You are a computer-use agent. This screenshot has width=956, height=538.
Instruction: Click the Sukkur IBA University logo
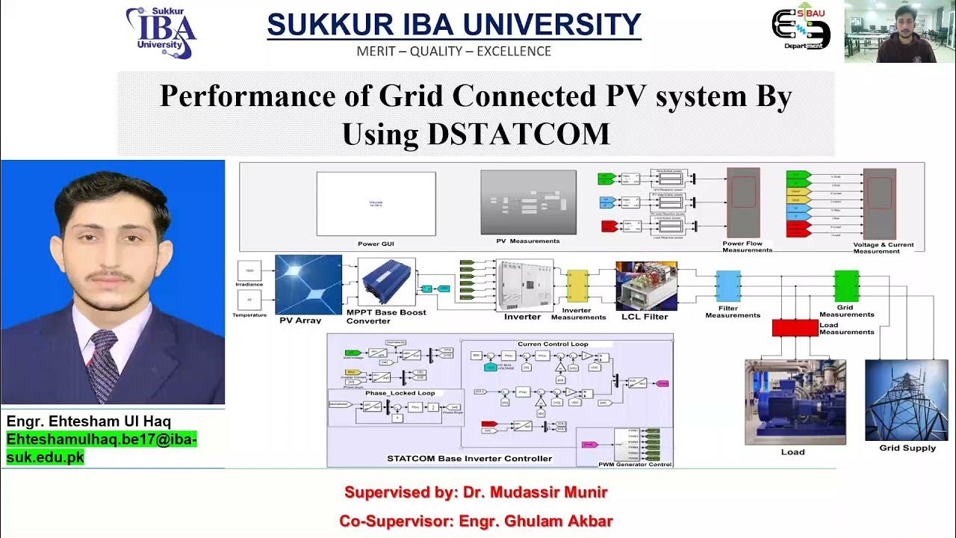click(x=161, y=32)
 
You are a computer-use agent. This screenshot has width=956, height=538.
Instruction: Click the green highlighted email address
click(x=101, y=448)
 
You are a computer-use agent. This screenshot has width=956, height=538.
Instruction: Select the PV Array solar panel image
click(x=308, y=285)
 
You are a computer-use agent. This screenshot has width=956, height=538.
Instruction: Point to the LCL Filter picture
click(x=646, y=286)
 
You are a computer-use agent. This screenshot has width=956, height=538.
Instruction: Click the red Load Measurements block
click(x=795, y=327)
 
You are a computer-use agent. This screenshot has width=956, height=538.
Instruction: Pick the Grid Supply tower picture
click(x=905, y=400)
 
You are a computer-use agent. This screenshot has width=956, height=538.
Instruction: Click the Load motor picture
click(x=795, y=402)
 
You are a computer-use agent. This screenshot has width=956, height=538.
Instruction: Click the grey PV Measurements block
click(x=528, y=203)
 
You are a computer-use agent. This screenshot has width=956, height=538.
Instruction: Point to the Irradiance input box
click(x=248, y=270)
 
